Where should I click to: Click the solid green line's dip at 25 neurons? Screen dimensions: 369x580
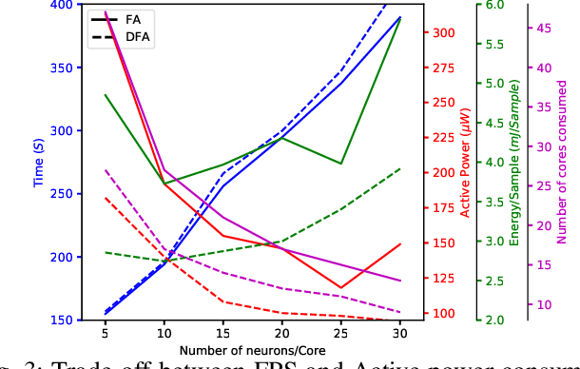click(x=341, y=164)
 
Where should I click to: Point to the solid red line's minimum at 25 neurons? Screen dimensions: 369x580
click(x=341, y=287)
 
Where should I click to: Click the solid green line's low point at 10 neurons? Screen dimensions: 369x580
click(x=164, y=184)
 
